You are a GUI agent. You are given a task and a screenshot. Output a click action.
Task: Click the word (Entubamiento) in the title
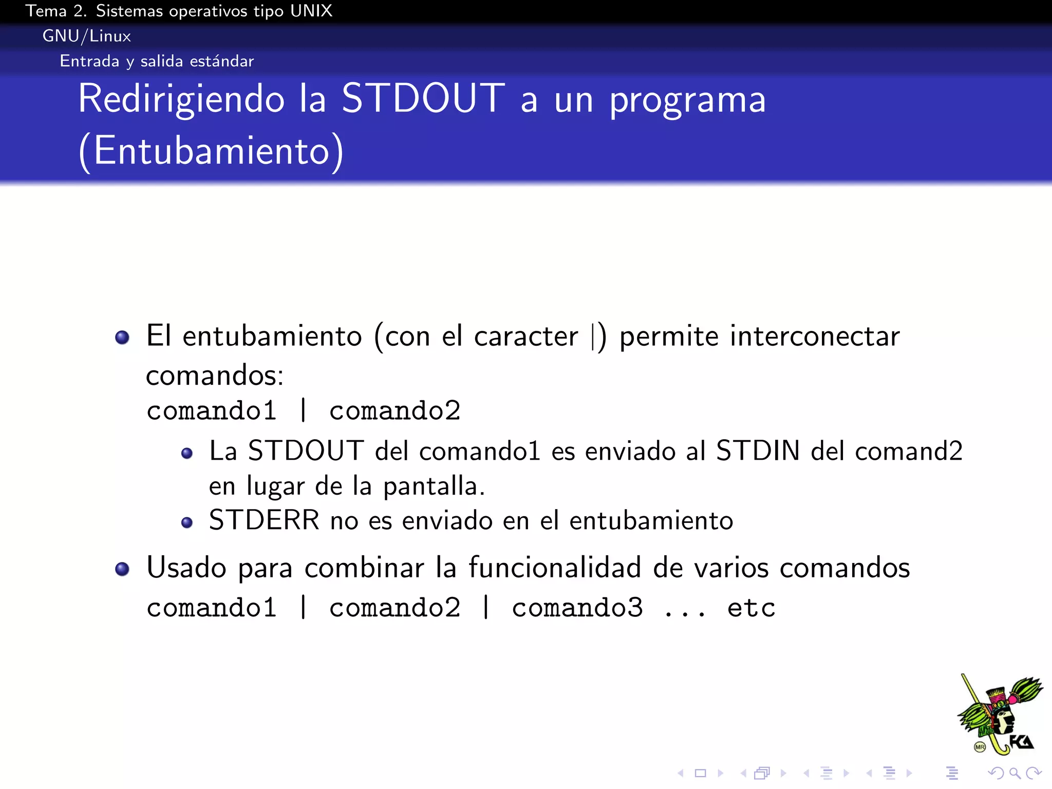tap(211, 151)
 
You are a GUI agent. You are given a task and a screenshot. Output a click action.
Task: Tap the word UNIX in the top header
tap(311, 11)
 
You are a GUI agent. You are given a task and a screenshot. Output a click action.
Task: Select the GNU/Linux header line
tap(87, 36)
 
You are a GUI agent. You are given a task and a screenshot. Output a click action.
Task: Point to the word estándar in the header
tap(221, 61)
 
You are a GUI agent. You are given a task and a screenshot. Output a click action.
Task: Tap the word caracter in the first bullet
tap(526, 336)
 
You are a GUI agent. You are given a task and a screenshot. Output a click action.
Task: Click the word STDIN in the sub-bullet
tap(758, 451)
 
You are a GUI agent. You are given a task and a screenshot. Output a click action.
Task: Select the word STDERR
tap(264, 520)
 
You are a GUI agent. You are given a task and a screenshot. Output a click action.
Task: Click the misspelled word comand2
tap(909, 451)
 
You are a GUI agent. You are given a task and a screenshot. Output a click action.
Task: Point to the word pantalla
tap(434, 486)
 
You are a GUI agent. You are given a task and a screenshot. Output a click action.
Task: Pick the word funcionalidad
tap(555, 568)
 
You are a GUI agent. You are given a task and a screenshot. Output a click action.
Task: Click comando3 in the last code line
tap(577, 608)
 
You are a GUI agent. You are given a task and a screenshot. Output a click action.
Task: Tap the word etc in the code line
tap(751, 608)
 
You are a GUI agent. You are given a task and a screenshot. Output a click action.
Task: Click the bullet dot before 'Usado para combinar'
tap(122, 569)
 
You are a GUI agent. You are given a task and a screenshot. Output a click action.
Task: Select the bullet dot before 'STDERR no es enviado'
tap(187, 523)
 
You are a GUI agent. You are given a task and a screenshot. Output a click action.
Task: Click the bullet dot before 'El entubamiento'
tap(122, 337)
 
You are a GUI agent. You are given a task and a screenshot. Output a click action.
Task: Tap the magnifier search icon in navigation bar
tap(1015, 773)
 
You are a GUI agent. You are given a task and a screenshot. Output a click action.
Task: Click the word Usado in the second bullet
tap(186, 568)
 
